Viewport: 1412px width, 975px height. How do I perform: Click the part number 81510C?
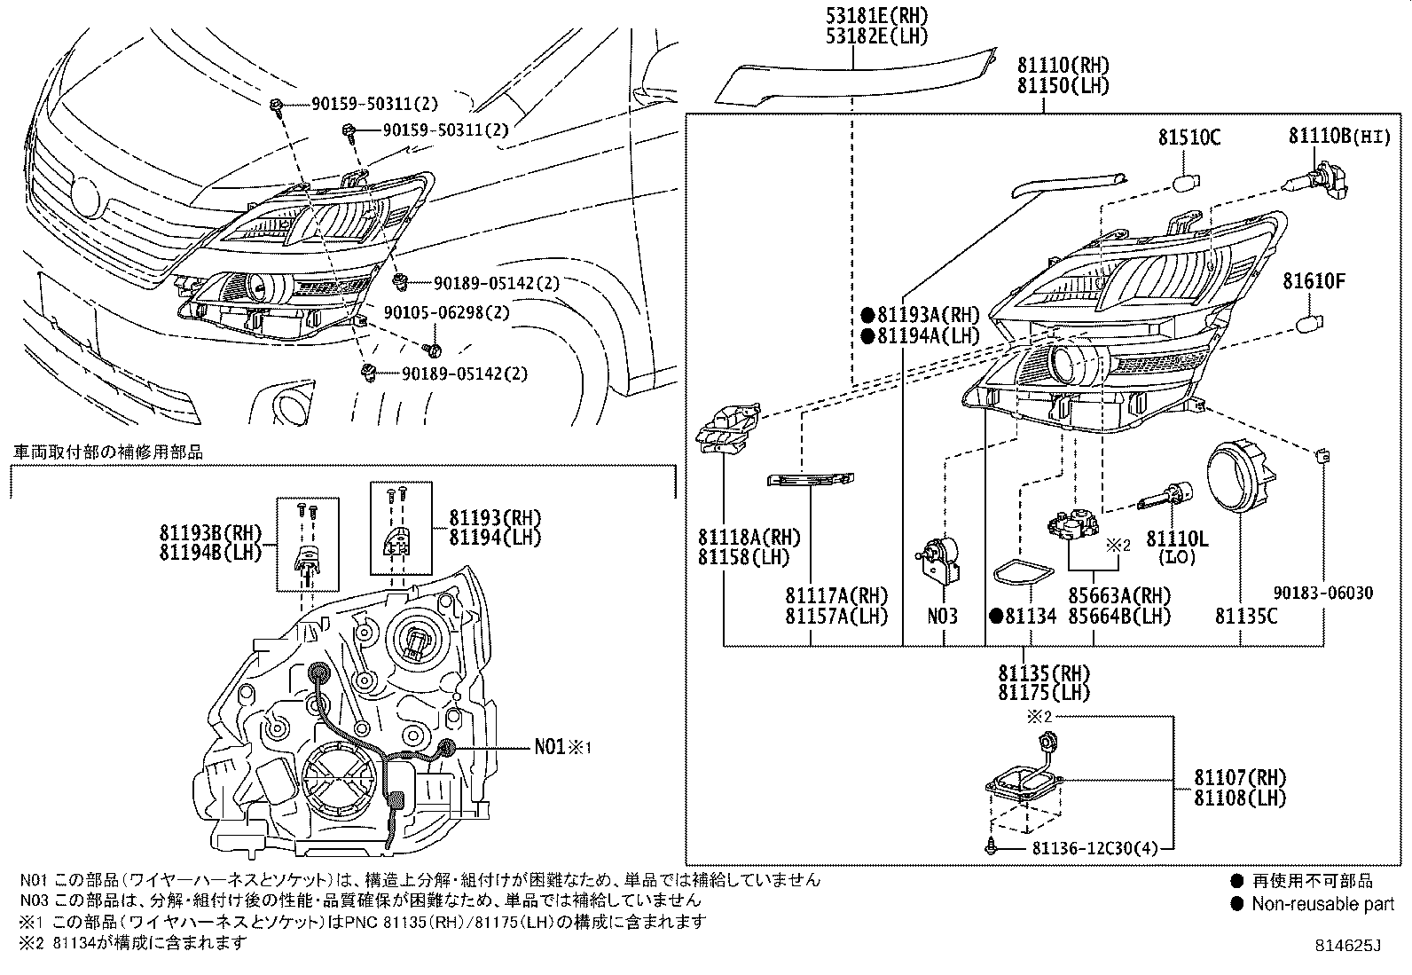click(1189, 138)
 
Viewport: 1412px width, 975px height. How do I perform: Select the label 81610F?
click(1314, 281)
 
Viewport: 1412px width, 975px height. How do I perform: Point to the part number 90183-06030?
click(1325, 593)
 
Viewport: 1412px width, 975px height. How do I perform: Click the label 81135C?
click(1246, 615)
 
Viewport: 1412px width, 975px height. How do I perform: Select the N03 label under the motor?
click(943, 615)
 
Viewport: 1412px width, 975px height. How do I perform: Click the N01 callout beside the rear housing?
click(555, 747)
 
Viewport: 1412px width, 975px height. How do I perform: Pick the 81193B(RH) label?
click(211, 532)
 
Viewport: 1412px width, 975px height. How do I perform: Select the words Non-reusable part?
click(1322, 905)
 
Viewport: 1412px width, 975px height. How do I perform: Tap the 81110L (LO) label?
click(1178, 547)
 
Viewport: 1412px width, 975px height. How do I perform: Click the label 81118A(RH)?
click(749, 538)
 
